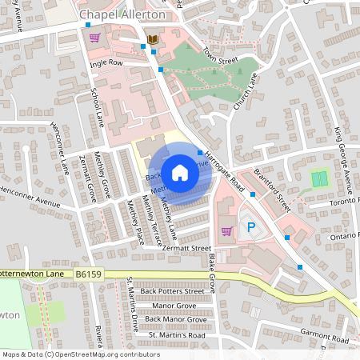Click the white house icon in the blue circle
pos(180,172)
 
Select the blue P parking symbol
pos(251,228)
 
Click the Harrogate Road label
pos(223,169)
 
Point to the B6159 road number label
pos(90,274)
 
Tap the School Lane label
pos(98,109)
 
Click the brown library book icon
pos(152,39)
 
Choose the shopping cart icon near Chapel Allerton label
pos(95,37)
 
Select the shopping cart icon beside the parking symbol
pos(226,230)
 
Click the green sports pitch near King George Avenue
pos(320,178)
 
